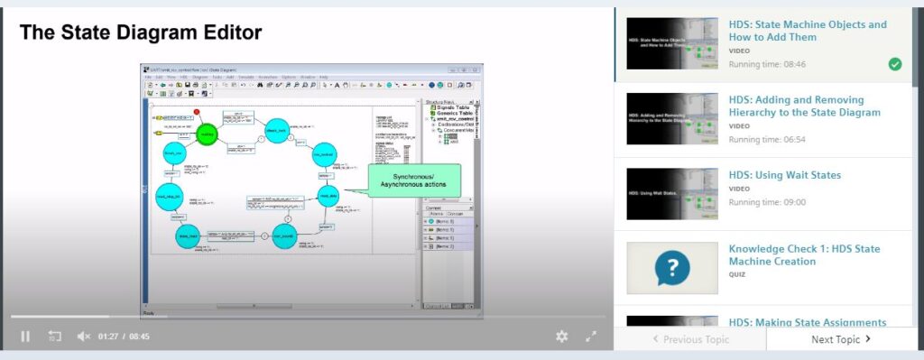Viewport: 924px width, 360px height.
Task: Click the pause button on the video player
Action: coord(25,337)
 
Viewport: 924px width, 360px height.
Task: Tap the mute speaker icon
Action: coord(83,337)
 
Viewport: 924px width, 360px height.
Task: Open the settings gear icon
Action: coord(562,337)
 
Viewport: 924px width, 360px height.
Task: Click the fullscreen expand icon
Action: coord(591,337)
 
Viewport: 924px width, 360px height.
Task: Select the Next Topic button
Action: coord(840,339)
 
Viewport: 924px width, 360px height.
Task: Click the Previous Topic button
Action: coord(690,339)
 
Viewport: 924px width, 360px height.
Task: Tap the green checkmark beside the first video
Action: coord(894,64)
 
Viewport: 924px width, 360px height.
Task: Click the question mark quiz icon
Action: coord(672,267)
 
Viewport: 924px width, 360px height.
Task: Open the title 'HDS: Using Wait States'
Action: coord(784,175)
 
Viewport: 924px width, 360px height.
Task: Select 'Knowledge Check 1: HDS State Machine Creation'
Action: coord(804,254)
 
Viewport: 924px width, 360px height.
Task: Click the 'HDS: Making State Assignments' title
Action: coord(807,322)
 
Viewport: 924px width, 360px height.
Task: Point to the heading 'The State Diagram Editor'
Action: coord(141,32)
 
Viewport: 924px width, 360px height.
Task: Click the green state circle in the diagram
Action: coord(208,134)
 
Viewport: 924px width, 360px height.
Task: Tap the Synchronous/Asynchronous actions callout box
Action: coord(412,180)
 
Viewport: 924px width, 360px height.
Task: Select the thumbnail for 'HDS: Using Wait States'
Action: coord(672,193)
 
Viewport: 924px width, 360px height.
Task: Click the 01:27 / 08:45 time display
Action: coord(124,337)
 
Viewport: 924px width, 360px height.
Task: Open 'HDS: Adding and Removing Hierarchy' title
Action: coord(804,106)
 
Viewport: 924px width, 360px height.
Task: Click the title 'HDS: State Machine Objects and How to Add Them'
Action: coord(807,31)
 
